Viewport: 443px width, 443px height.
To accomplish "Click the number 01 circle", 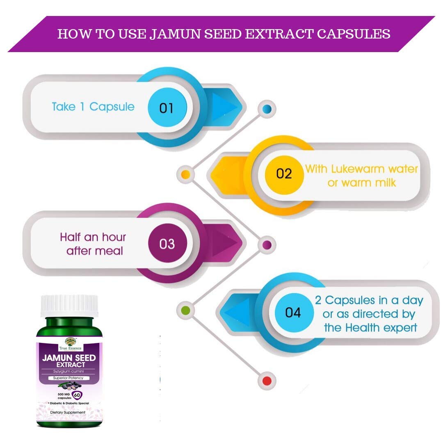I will (x=166, y=108).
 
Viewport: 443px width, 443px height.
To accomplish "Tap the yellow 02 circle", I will (x=284, y=174).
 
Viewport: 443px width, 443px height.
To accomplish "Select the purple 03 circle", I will (x=167, y=244).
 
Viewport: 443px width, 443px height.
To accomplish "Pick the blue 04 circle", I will (x=293, y=313).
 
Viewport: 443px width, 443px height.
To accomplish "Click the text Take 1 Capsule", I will (x=93, y=107).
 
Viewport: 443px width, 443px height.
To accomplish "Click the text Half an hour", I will (x=93, y=237).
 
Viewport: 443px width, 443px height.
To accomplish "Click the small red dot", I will (x=267, y=381).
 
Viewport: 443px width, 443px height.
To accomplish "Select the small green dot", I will (x=185, y=309).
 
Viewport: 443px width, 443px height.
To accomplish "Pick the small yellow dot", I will (x=185, y=174).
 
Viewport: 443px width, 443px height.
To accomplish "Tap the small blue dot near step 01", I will (x=267, y=109).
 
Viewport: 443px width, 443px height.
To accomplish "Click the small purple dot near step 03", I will (x=267, y=245).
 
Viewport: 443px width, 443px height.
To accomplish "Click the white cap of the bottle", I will (x=69, y=306).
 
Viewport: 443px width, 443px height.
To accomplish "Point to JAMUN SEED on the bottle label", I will (x=69, y=358).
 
